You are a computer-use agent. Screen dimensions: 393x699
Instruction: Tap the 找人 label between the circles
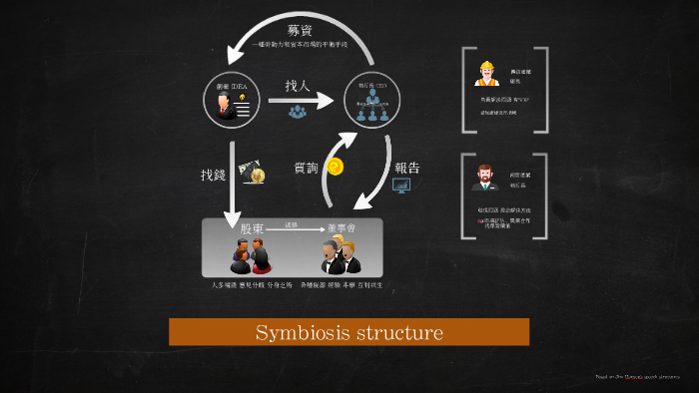tap(298, 86)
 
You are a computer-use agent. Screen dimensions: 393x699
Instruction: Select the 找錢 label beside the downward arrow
tap(214, 175)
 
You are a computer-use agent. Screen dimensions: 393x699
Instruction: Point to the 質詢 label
tap(307, 168)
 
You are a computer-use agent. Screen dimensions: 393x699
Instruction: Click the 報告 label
tap(406, 168)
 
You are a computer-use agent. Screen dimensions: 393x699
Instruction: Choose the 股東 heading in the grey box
tap(252, 228)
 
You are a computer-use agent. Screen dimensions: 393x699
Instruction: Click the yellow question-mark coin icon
tap(336, 167)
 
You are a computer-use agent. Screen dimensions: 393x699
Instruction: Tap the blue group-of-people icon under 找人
tap(298, 112)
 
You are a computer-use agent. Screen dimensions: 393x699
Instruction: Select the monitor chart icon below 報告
tap(401, 186)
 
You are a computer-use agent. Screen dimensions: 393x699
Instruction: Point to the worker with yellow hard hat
tap(488, 74)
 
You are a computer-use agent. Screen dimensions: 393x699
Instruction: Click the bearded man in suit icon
tap(485, 178)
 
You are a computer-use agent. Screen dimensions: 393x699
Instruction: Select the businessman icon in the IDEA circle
tap(229, 106)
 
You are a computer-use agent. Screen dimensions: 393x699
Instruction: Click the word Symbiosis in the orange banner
tap(298, 332)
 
